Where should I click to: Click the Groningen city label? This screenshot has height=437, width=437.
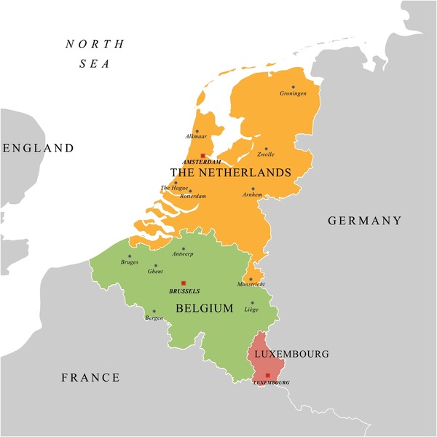[294, 94]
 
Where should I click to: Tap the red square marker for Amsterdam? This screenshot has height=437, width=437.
[202, 155]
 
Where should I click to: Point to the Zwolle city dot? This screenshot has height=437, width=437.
[266, 149]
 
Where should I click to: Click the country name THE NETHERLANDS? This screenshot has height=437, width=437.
[230, 173]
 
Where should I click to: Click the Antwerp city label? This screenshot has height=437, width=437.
[181, 255]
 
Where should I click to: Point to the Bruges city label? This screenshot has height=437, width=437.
[130, 262]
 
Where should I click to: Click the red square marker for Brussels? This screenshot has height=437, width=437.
[184, 283]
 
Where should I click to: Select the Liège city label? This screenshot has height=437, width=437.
[251, 310]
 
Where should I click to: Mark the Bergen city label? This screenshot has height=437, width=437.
[154, 318]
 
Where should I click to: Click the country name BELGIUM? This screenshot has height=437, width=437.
[205, 308]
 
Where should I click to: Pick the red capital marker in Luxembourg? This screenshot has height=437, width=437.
[268, 374]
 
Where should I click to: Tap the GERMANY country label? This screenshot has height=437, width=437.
[364, 221]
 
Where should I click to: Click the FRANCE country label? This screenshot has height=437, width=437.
[90, 377]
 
